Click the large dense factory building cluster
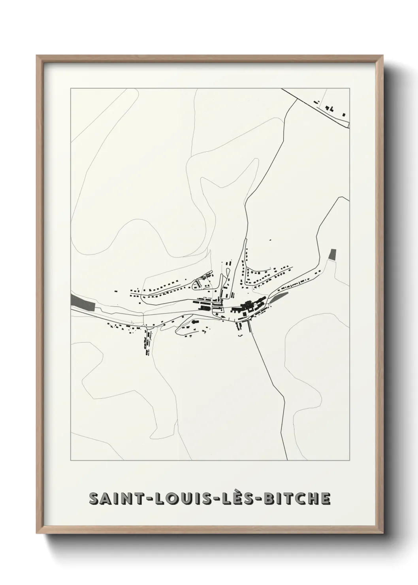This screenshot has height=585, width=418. (247, 306)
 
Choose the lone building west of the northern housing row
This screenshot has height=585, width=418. (116, 291)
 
